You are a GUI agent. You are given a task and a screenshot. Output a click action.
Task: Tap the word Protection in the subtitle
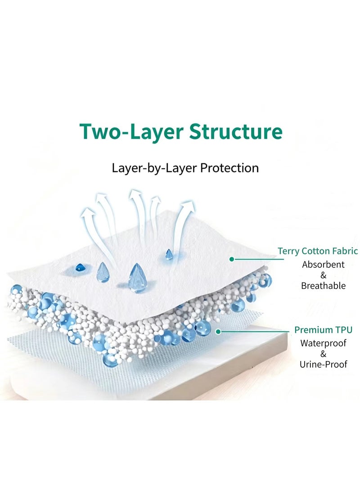point(229,168)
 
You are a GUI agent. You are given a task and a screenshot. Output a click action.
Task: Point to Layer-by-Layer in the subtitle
point(154,168)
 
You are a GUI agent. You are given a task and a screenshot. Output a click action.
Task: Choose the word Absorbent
point(323,265)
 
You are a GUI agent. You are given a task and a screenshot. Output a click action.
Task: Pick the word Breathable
point(323,286)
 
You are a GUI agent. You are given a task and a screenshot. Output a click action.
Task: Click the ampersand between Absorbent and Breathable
point(324,275)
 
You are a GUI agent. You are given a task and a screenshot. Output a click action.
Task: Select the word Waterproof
point(323,343)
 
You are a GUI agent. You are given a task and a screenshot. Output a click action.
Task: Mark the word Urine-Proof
point(324,364)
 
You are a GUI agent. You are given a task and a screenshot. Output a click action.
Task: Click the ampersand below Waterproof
point(324,354)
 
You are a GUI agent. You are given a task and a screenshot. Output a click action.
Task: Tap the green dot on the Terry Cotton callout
point(232,259)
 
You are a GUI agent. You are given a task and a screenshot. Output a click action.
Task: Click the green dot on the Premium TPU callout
point(219,331)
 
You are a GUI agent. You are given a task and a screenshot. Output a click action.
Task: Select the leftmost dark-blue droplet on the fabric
point(80,268)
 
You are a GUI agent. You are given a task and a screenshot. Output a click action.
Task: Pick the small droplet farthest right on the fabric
point(169,255)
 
